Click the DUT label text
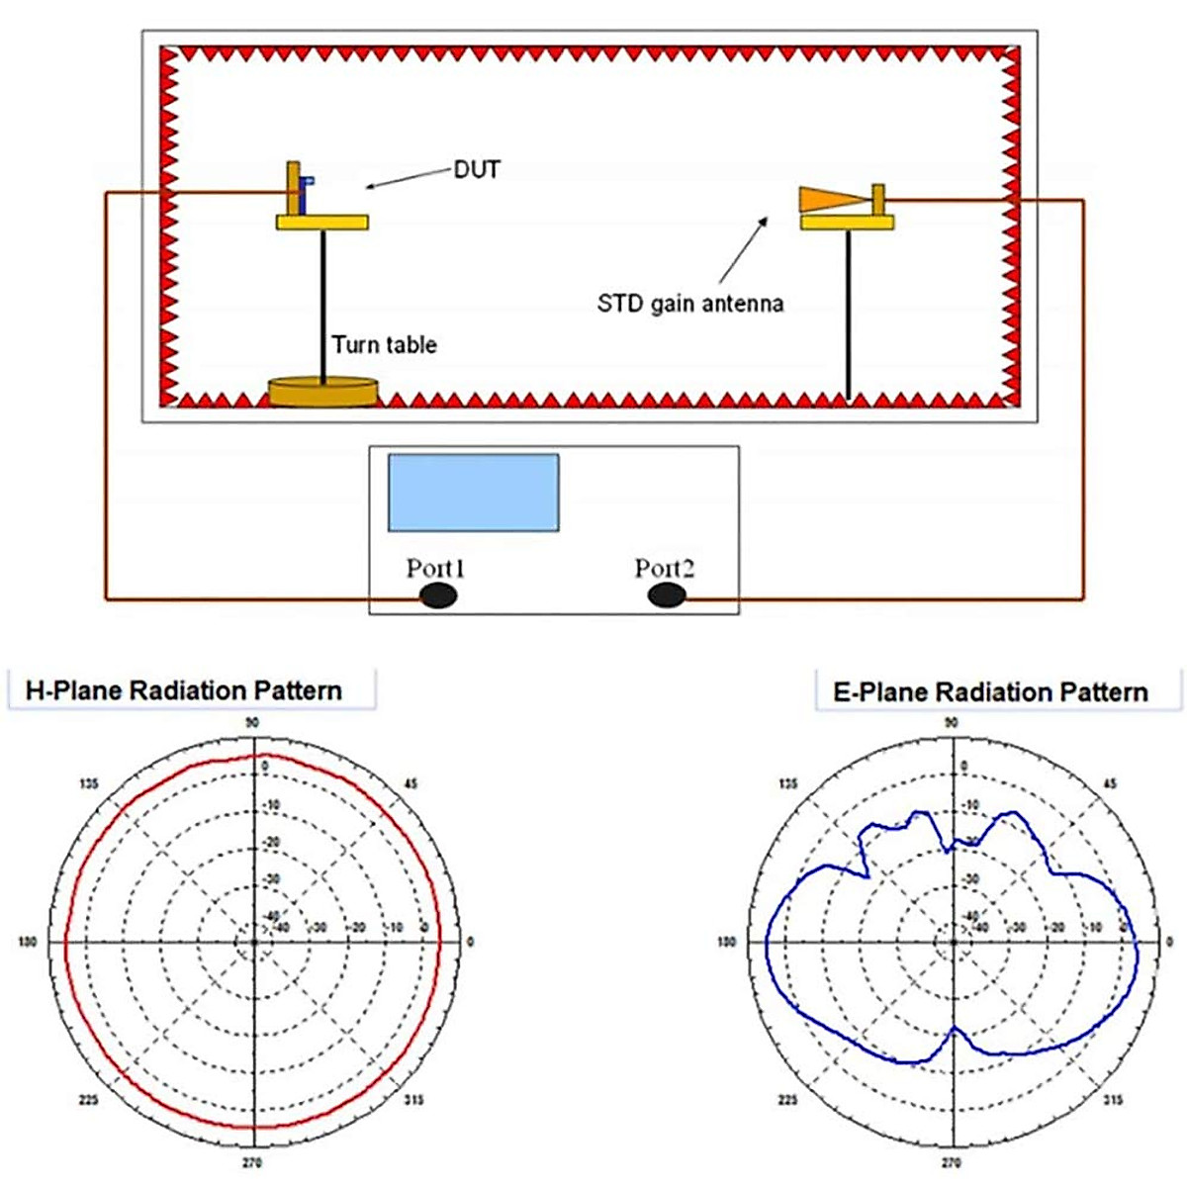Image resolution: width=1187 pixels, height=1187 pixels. pyautogui.click(x=477, y=170)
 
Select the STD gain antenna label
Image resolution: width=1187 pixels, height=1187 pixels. pyautogui.click(x=689, y=303)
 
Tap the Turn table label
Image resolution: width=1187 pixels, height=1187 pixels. pyautogui.click(x=384, y=345)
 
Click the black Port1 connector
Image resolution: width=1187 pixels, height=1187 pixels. pyautogui.click(x=438, y=594)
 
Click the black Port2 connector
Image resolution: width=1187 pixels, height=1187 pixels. pyautogui.click(x=667, y=594)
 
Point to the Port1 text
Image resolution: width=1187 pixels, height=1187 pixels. pyautogui.click(x=435, y=568)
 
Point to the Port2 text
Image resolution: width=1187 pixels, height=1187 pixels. pyautogui.click(x=664, y=568)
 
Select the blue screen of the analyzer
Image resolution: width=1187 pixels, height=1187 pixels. pyautogui.click(x=473, y=493)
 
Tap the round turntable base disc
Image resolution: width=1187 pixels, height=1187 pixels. pyautogui.click(x=323, y=391)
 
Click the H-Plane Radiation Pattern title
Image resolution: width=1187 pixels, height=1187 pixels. pyautogui.click(x=184, y=690)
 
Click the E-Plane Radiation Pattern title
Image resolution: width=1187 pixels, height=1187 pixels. pyautogui.click(x=990, y=691)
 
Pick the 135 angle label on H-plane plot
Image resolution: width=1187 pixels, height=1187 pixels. pyautogui.click(x=89, y=784)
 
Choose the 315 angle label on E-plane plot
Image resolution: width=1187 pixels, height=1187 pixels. pyautogui.click(x=1113, y=1100)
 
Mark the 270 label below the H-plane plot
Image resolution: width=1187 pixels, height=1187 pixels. pyautogui.click(x=252, y=1162)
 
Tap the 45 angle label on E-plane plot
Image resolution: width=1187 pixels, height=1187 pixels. pyautogui.click(x=1110, y=784)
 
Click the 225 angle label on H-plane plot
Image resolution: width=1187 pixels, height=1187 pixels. pyautogui.click(x=89, y=1100)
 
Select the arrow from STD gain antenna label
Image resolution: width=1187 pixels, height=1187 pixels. pyautogui.click(x=744, y=249)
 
